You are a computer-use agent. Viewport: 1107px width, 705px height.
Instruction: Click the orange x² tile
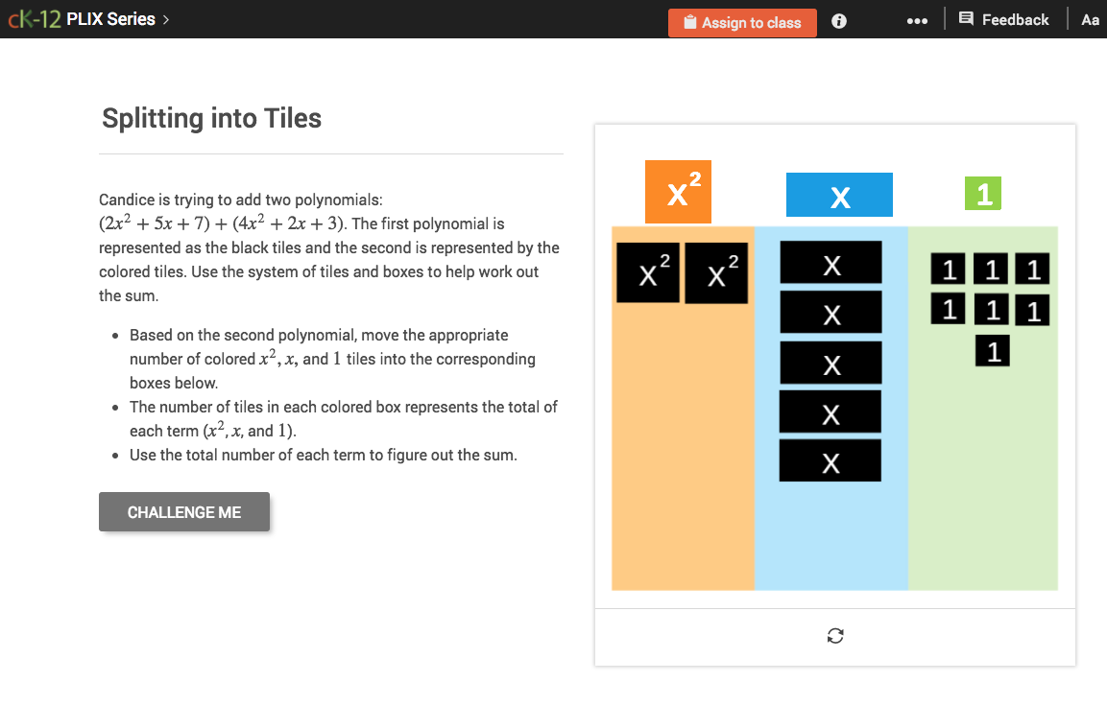click(678, 192)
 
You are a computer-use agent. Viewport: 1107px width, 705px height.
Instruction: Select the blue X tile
click(839, 195)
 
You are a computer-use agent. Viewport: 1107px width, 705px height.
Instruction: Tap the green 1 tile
click(983, 195)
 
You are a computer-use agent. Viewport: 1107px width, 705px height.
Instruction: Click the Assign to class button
click(742, 22)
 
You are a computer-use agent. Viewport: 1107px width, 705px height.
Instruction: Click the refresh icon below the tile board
click(835, 636)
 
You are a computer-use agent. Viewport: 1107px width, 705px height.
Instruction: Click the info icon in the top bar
click(839, 21)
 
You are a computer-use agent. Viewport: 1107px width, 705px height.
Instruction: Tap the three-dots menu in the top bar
click(917, 21)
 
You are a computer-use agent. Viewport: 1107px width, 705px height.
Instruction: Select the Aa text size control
click(1090, 20)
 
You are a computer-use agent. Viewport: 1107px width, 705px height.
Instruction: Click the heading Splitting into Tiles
click(211, 119)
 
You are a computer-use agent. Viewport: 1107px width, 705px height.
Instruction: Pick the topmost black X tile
click(830, 263)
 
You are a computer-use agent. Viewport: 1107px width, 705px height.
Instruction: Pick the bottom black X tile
click(830, 461)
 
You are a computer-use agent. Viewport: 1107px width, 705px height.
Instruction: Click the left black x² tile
click(648, 273)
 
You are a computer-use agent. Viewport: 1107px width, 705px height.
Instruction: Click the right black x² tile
click(716, 273)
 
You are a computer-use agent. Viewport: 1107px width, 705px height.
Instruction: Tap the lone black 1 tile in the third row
click(993, 351)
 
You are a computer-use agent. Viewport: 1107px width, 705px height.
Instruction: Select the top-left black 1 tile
click(949, 270)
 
